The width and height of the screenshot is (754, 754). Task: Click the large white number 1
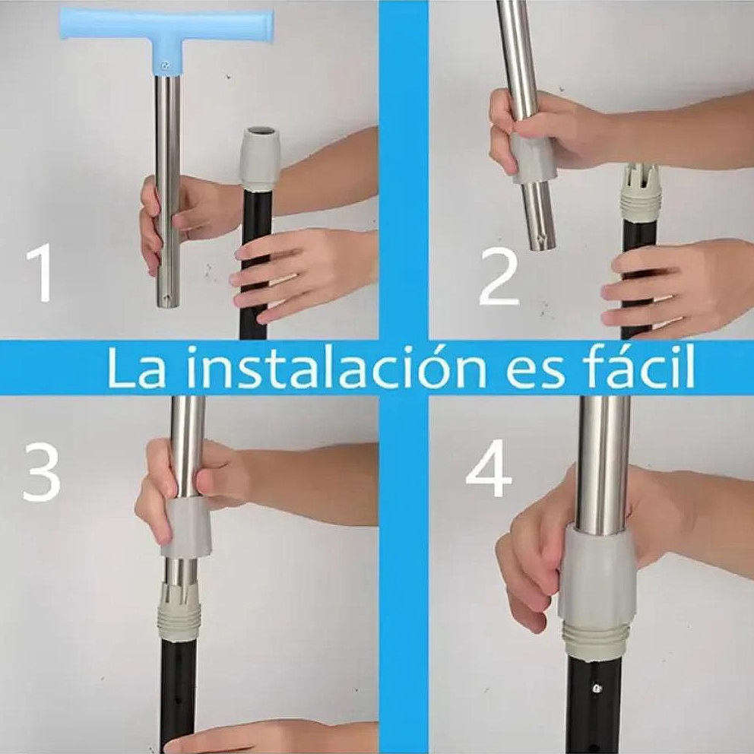pos(41,273)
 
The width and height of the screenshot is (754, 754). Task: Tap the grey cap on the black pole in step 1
pos(260,159)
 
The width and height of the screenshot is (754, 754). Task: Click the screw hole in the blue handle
pos(166,65)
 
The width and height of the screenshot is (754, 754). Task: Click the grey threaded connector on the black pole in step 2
pos(638,194)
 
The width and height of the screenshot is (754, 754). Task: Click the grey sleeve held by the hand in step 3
pos(185,528)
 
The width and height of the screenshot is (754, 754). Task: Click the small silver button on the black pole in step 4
pos(596,688)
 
